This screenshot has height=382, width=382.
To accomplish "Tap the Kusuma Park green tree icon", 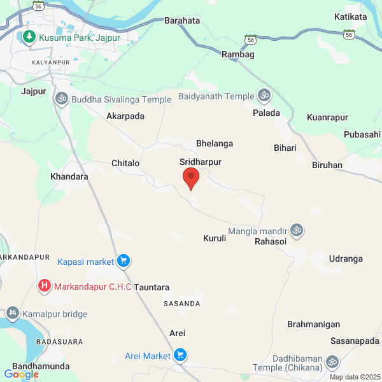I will coord(29,38).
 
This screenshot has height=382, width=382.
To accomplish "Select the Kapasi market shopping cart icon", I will coord(124,260).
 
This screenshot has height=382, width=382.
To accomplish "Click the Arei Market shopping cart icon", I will coord(180,355).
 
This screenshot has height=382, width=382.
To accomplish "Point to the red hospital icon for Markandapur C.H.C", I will coord(45,286).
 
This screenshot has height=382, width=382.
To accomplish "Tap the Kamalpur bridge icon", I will coord(12,313).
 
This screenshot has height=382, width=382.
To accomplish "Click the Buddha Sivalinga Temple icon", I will coord(62,99).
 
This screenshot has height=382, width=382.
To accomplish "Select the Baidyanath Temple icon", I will coord(264,96).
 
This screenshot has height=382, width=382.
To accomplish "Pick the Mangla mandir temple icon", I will coord(296,230).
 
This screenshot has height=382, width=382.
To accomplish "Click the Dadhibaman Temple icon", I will coord(332,362).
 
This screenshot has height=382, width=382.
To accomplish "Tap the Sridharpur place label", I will coord(201,162).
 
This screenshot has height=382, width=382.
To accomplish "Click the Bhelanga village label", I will coord(215,144).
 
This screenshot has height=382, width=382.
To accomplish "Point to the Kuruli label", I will coord(215,239).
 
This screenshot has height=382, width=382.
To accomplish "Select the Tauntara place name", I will coord(152,287).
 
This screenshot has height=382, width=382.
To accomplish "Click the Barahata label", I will coord(182,20).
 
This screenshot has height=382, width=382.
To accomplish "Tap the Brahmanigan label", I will coord(313,324).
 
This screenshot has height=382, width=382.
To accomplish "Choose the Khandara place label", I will coord(69,176).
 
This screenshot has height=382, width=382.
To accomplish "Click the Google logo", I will coord(21,374).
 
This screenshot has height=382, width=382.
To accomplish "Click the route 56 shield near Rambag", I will coord(251,39).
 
